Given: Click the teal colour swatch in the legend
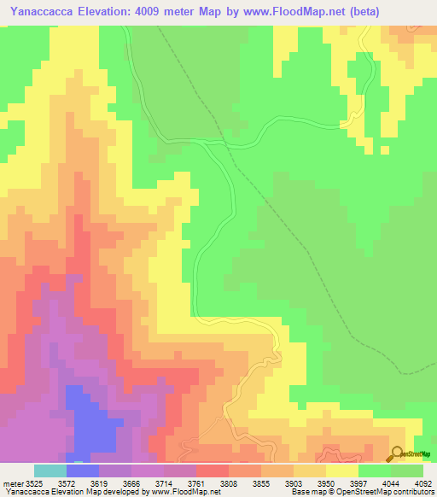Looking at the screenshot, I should tap(50, 471).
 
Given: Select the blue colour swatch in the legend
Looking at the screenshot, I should tap(82, 471).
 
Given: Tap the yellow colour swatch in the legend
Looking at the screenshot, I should tap(341, 471).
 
